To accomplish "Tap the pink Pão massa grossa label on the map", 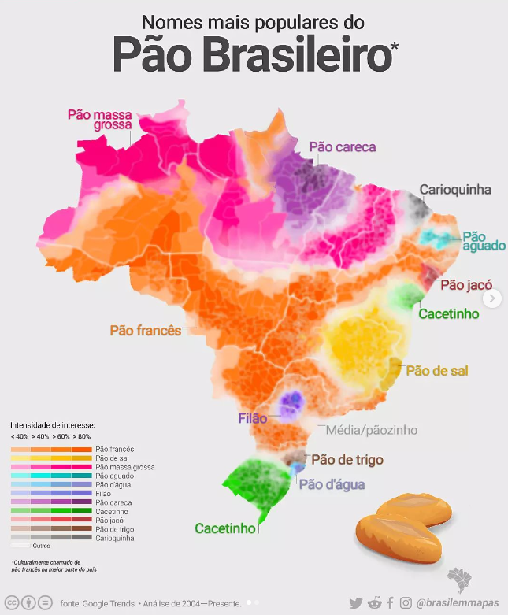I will point(98,119).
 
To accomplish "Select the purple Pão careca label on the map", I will point(342,146).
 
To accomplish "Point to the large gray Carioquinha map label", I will point(454,190).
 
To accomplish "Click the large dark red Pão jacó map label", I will point(466,285).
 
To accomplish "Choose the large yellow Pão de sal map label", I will point(437,370).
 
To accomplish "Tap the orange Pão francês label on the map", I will point(146,330).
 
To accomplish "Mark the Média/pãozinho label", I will point(366,430).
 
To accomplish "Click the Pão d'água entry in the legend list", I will point(110,485).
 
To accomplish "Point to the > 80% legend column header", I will point(81,436).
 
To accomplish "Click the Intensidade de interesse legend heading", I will point(53,424).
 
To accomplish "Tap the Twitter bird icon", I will point(356,602).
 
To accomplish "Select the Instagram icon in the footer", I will point(406,602).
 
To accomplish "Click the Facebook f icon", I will point(390,602).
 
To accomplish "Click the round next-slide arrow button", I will point(493,298).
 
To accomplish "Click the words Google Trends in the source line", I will point(106,603).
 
